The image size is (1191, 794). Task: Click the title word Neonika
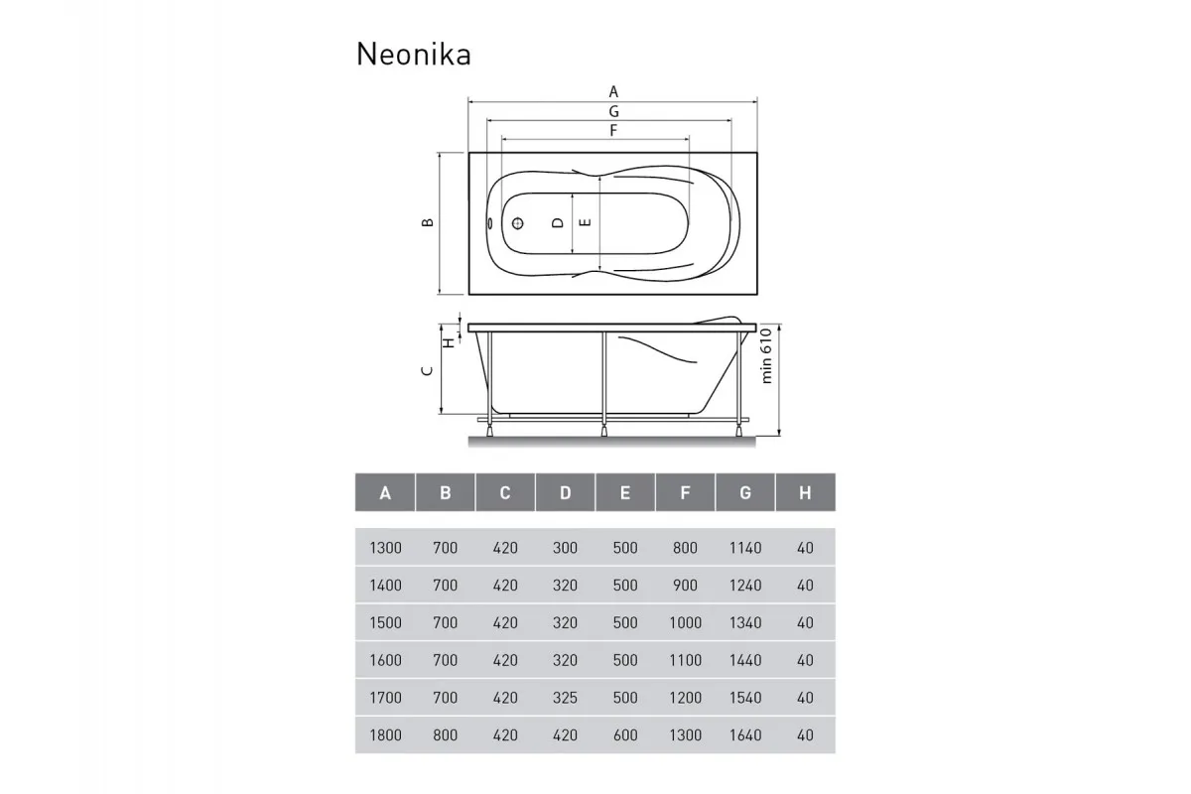point(413,55)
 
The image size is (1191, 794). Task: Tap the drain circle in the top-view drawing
point(517,223)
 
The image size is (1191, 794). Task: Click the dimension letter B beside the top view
point(426,223)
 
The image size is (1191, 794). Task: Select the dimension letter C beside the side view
point(426,370)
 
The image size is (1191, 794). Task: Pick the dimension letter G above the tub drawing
point(614,111)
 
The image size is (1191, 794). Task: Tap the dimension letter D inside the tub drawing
point(558,223)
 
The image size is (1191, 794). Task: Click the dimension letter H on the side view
point(449,341)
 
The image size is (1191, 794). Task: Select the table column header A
point(385,492)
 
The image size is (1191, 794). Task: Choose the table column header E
point(624,492)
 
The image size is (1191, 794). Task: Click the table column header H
point(805,492)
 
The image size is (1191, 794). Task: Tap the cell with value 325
point(565,698)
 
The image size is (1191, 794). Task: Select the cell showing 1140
point(745,548)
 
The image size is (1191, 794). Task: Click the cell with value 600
point(625,735)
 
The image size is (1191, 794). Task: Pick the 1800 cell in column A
point(385,735)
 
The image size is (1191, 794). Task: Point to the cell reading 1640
point(745,735)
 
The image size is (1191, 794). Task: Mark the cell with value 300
point(565,548)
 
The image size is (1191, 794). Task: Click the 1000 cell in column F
point(685,623)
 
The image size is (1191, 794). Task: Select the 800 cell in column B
point(446,735)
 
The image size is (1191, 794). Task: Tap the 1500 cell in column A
point(385,623)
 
